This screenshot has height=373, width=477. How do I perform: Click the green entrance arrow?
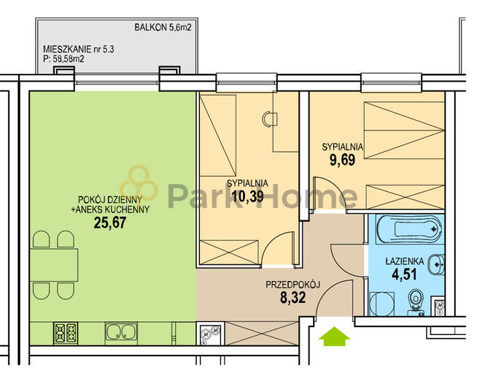coord(334,337)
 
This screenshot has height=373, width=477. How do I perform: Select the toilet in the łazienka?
coord(416,301)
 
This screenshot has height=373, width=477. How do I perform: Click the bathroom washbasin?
coord(437,264)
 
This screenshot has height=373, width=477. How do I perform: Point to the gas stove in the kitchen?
coord(66,333)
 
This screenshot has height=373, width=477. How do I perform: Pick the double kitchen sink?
coord(121,334)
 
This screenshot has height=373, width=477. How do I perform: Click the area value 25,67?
coord(110,223)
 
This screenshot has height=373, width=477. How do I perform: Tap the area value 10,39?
coord(247,196)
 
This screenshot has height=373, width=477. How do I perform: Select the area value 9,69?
coord(343,160)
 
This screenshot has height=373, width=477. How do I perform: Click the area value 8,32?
coord(293,298)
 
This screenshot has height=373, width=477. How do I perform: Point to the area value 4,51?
coord(404,274)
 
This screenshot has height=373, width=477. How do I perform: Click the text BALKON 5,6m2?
coord(163,28)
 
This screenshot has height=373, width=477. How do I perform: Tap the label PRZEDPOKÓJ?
coord(293,285)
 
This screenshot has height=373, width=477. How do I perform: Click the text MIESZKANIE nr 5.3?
coord(79,49)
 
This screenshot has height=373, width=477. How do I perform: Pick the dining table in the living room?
coord(54,265)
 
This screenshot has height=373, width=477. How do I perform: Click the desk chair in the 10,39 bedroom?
coord(270,119)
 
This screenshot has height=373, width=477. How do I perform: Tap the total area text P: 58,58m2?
coord(63,59)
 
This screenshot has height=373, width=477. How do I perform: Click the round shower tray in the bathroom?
coord(381,304)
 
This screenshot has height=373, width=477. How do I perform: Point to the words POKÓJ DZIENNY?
coord(110,200)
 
